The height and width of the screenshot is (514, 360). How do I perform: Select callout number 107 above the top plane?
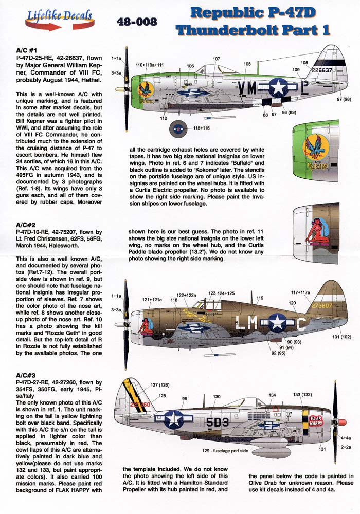click(x=216, y=59)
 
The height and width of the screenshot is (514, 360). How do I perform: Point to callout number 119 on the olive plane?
click(x=260, y=298)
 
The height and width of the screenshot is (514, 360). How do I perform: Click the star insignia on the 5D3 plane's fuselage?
click(x=174, y=419)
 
